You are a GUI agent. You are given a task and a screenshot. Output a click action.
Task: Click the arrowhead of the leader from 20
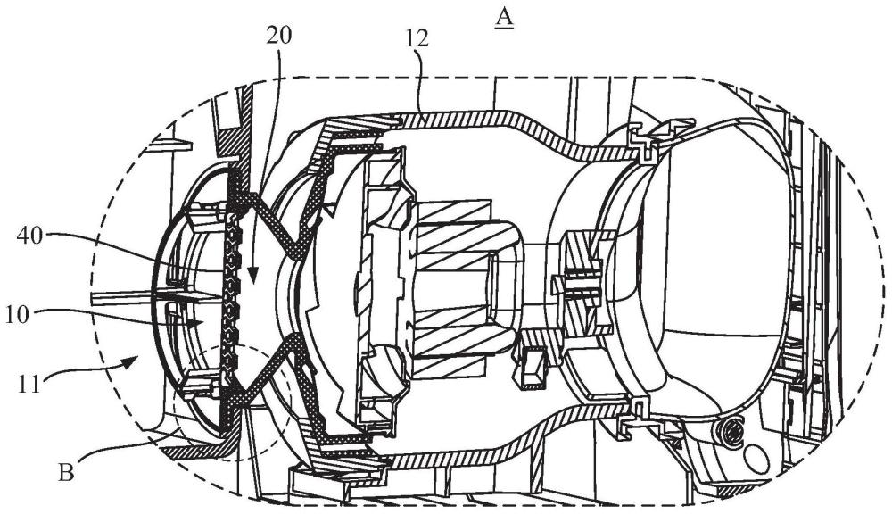[252, 278]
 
